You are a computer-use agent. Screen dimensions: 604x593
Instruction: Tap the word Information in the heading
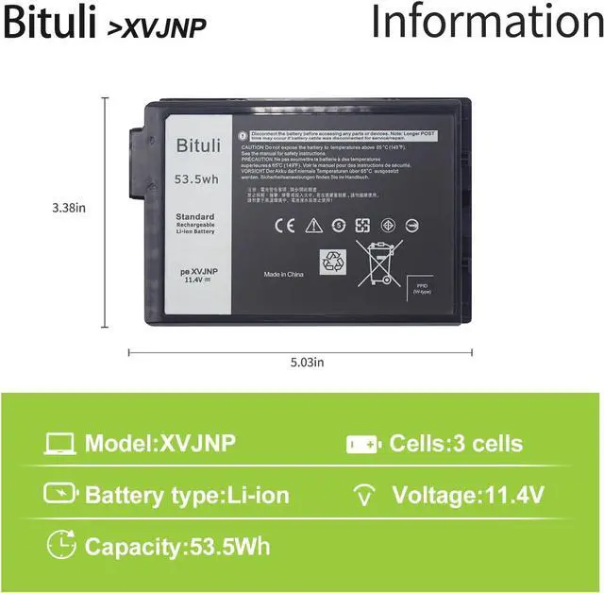(x=486, y=23)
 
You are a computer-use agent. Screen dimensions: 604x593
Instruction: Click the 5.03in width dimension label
(x=305, y=362)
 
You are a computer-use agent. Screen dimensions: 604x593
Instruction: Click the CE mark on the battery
(x=283, y=226)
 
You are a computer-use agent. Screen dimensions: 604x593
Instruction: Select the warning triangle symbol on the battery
(x=313, y=226)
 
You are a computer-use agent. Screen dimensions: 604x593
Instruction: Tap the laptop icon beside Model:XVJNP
(x=60, y=444)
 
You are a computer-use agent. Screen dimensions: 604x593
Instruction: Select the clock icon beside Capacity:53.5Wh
(x=60, y=545)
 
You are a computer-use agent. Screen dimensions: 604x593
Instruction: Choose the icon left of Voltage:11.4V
(x=362, y=495)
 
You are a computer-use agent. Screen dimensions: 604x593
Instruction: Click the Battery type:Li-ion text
(x=187, y=495)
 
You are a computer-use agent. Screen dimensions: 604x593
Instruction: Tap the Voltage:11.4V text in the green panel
(x=467, y=495)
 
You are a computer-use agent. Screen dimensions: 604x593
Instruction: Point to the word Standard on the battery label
(x=194, y=217)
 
